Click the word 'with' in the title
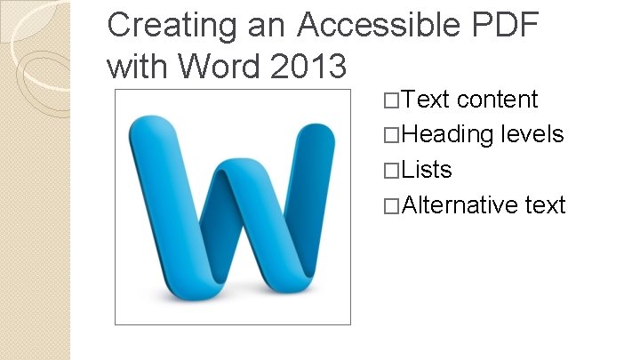click(x=138, y=65)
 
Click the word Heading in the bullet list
click(x=448, y=134)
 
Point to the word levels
click(x=532, y=134)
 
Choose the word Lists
click(x=428, y=170)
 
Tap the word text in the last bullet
click(x=545, y=205)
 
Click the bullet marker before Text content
click(x=392, y=100)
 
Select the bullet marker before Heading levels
click(x=392, y=135)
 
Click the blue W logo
click(x=233, y=207)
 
